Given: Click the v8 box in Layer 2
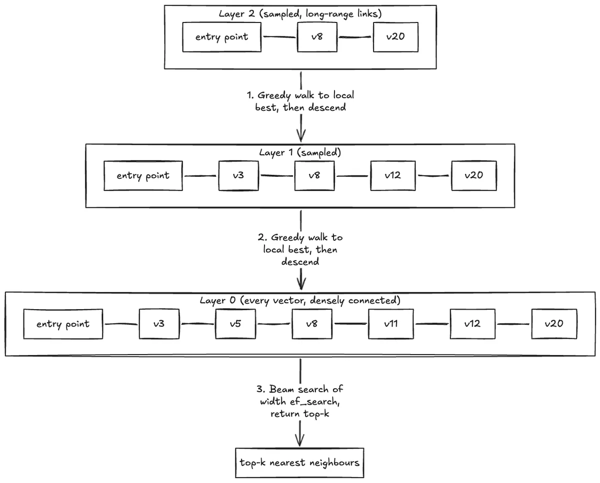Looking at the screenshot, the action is tap(317, 37).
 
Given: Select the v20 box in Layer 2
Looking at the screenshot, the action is tap(395, 37).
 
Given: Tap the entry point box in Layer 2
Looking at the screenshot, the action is tap(222, 37).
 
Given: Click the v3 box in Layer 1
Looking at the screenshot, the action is tap(238, 176).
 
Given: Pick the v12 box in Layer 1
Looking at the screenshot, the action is tap(393, 176).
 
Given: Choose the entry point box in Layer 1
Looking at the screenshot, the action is tap(143, 176).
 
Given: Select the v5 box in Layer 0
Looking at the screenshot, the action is tap(235, 324).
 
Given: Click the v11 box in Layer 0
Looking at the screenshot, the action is tap(391, 324).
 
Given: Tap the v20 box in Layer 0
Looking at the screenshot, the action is tap(554, 324).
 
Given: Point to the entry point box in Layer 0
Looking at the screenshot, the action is tap(63, 324).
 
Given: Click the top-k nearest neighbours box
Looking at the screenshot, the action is tap(299, 463).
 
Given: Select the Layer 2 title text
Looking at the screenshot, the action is tap(300, 13).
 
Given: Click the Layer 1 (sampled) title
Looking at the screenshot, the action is tap(300, 152).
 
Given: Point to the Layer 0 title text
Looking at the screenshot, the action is tap(300, 301).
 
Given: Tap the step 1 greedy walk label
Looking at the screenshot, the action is tap(300, 101).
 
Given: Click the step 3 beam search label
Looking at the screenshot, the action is tap(300, 402).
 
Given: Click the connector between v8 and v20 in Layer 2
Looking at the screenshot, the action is tap(355, 37).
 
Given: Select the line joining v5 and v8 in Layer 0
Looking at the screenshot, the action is tap(274, 324).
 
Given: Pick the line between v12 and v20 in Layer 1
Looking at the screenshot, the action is tap(433, 176).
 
